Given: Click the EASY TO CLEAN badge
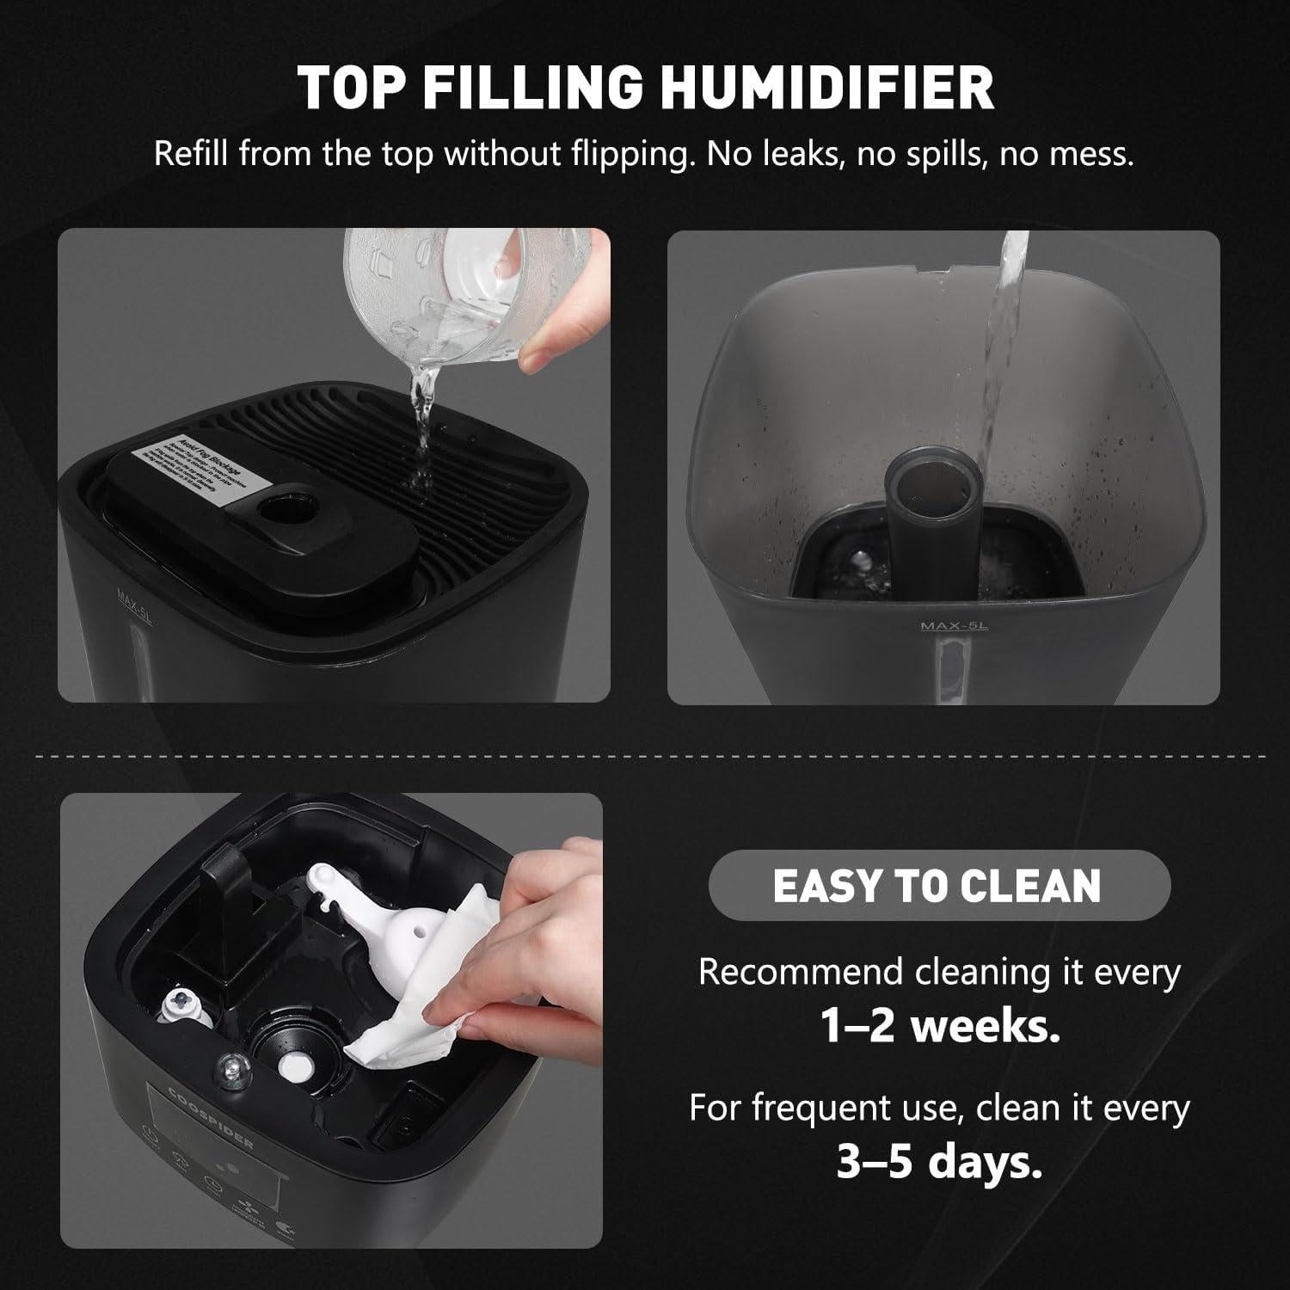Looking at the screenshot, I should (x=938, y=886).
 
